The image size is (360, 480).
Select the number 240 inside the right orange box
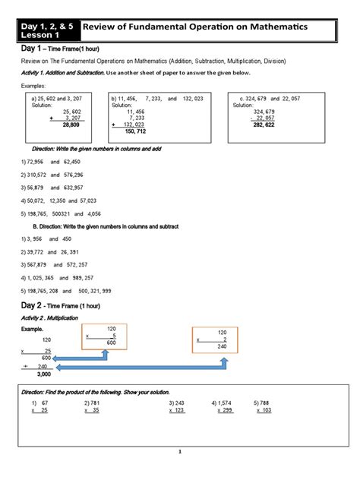pyautogui.click(x=222, y=346)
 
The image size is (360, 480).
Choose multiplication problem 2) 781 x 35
pyautogui.click(x=94, y=406)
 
